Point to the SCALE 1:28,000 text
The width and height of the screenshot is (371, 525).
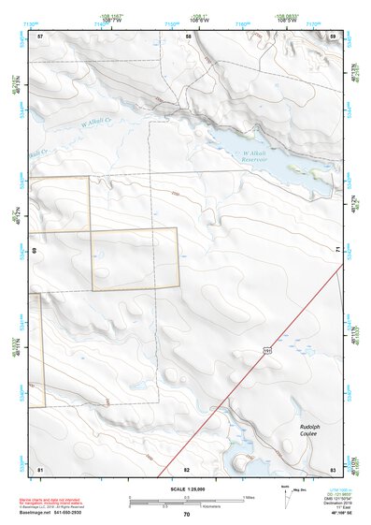[x=185, y=489]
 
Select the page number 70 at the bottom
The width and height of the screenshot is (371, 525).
[x=186, y=514]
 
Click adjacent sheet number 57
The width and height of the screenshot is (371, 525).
[x=40, y=36]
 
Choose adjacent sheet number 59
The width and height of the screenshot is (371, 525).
[x=333, y=36]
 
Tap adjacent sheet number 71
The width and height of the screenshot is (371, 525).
[x=337, y=249]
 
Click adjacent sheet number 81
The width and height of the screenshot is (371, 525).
[x=40, y=468]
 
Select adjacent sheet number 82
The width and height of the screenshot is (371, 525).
[x=187, y=468]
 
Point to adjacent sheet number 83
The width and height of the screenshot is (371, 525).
[x=333, y=468]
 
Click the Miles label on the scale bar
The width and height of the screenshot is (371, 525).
[x=248, y=497]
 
